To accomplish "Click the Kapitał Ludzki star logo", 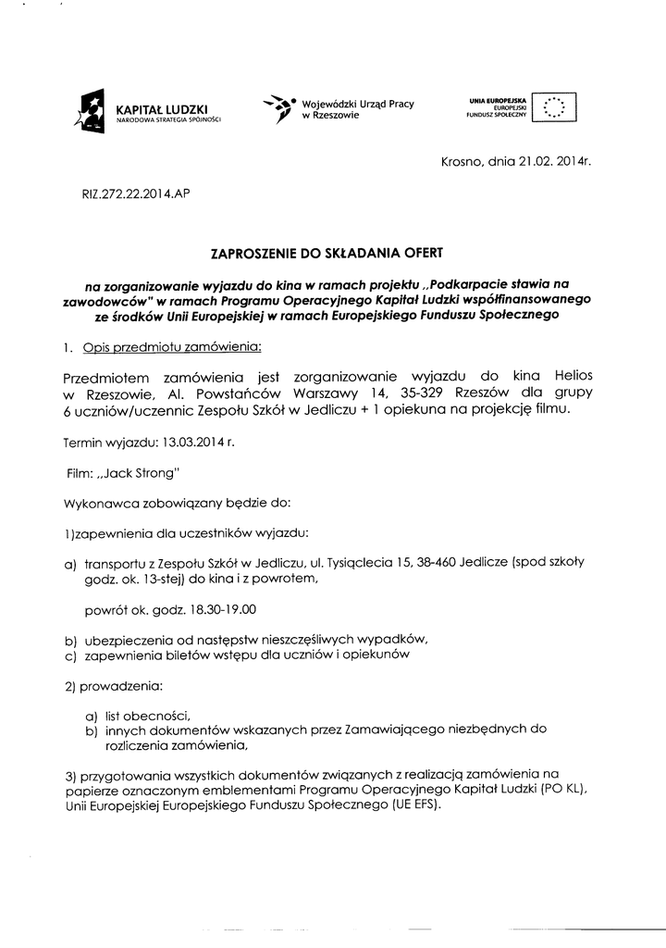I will [92, 111].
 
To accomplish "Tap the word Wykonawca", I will [99, 504].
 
